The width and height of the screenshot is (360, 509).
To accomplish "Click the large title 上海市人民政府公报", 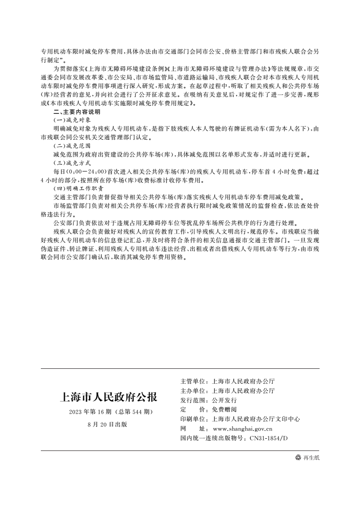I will pyautogui.click(x=108, y=398).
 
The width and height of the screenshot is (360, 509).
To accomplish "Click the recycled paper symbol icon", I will pyautogui.click(x=298, y=458).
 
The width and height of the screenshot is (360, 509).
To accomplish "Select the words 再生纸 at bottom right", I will pyautogui.click(x=311, y=458).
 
